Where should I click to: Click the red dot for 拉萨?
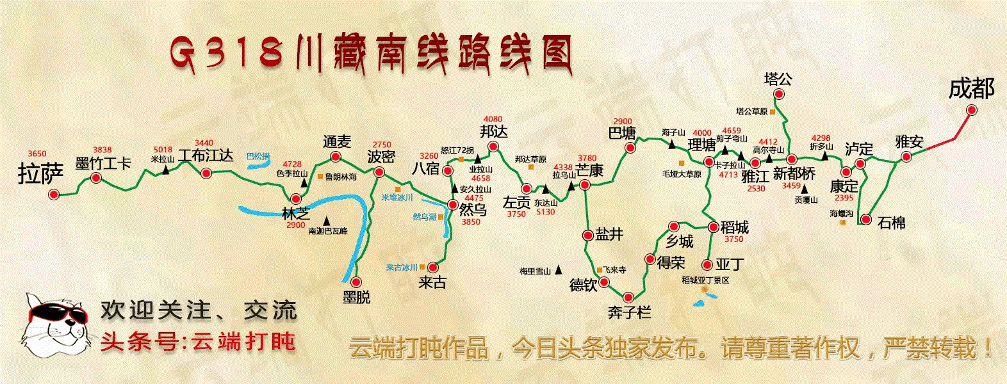coord(54,194)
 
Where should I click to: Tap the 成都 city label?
coord(971,88)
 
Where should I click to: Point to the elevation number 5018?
coord(163,150)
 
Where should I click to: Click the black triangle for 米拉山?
coord(166,170)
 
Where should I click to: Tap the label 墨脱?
coord(356,297)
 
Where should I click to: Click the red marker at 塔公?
coord(779,95)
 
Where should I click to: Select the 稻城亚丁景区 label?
coord(705,280)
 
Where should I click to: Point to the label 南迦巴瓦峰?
coord(327,231)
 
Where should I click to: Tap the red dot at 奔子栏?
coord(628,297)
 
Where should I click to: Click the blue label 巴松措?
coord(258,156)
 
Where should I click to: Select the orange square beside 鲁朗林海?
coord(320,176)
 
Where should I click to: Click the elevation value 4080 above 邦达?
coord(493,119)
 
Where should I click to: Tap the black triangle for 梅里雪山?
coord(559,269)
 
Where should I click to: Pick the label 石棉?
coord(891,223)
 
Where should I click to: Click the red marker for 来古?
coord(433,267)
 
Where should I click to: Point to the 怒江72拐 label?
coord(457,150)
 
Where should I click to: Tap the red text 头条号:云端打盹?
coord(199,341)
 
